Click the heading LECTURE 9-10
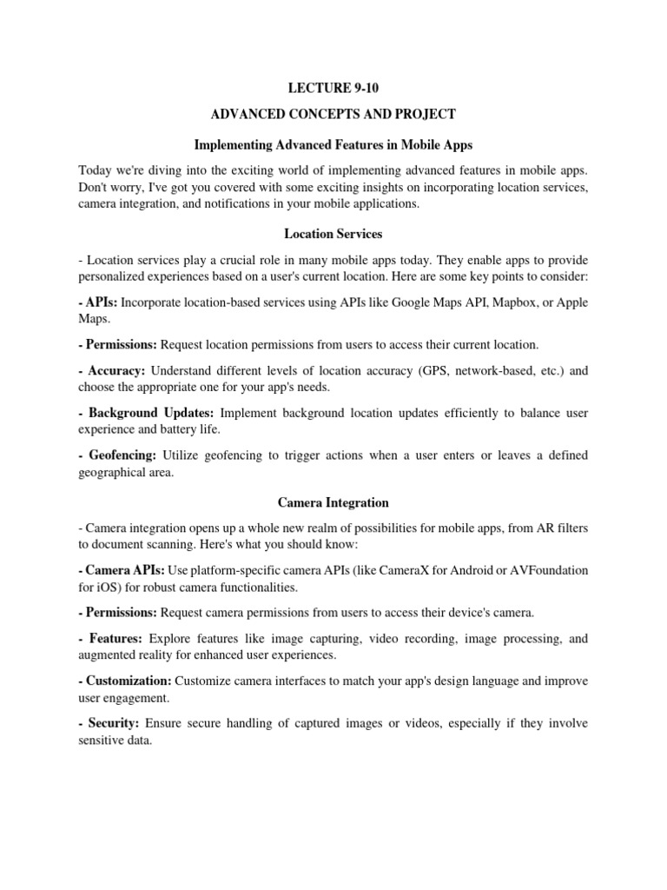click(333, 88)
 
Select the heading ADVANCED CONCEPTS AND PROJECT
click(333, 114)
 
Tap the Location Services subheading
click(333, 234)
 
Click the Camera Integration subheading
click(333, 502)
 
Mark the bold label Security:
click(113, 723)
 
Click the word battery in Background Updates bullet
click(169, 428)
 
